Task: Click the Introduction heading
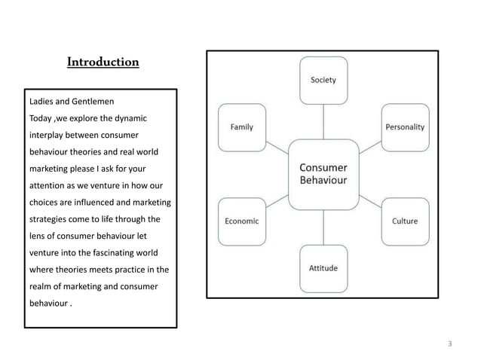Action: pyautogui.click(x=103, y=62)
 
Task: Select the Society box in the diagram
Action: pyautogui.click(x=323, y=80)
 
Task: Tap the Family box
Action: pyautogui.click(x=242, y=127)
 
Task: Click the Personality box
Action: pyautogui.click(x=405, y=127)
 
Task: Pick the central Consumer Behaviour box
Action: pyautogui.click(x=323, y=174)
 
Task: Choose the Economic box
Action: pyautogui.click(x=242, y=221)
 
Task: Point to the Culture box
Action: pyautogui.click(x=405, y=221)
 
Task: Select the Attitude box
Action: pyautogui.click(x=323, y=269)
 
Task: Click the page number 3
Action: pyautogui.click(x=450, y=344)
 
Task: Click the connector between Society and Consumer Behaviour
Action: pyautogui.click(x=323, y=121)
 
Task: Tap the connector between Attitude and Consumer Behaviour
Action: pyautogui.click(x=323, y=227)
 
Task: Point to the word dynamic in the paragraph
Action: pyautogui.click(x=130, y=118)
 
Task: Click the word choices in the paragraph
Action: pyautogui.click(x=47, y=203)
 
